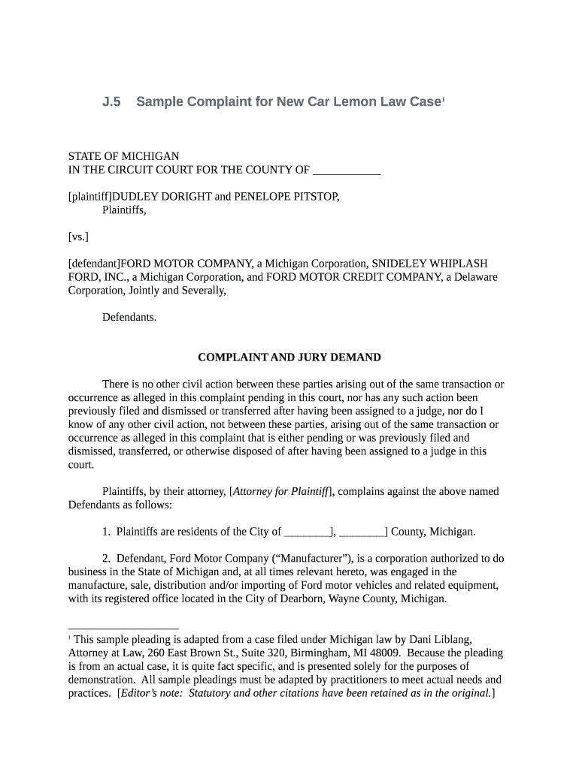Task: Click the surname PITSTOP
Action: coord(310,197)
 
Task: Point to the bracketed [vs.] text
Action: coord(78,237)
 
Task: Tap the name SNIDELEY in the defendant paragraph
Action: coord(395,264)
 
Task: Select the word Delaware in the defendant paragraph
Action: coord(475,277)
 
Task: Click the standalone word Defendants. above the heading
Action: coord(129,317)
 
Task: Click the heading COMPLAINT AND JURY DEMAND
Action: coord(289,357)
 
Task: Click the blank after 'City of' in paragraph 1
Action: coord(307,532)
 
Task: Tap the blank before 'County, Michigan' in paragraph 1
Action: coord(362,532)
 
